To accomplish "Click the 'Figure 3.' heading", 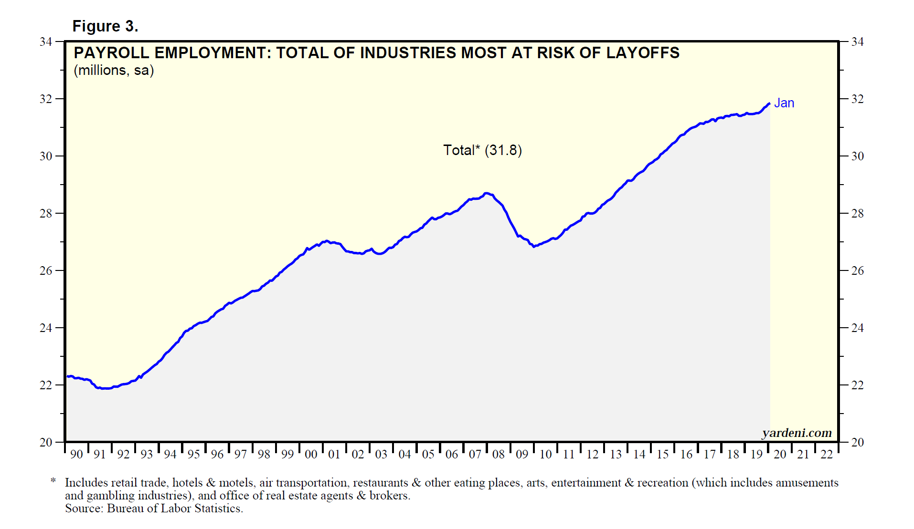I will [105, 26].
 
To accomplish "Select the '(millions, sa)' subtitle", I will [114, 71].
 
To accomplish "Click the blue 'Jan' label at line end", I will [784, 103].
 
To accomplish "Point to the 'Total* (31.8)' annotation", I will [482, 150].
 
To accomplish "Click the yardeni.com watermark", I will [797, 433].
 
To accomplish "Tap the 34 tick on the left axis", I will [46, 42].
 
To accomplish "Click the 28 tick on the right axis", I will [858, 214].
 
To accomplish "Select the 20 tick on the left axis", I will [46, 442].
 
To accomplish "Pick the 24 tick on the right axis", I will [858, 328].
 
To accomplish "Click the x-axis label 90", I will [76, 455].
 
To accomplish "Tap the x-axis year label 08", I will [499, 455].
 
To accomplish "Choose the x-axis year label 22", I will [827, 455].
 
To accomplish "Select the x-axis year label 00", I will [311, 455].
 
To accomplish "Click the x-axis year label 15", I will [663, 455].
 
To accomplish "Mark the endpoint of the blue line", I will [769, 104].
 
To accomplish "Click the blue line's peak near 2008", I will [486, 193].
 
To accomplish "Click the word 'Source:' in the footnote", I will [84, 508].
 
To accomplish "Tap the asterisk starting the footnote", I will [53, 481].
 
